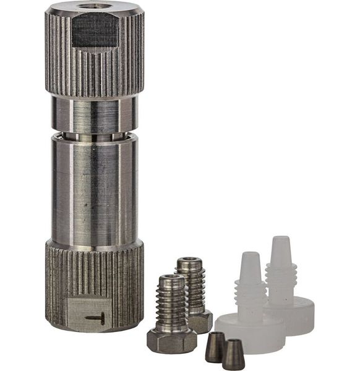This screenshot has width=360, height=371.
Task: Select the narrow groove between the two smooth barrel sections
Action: pos(94,135)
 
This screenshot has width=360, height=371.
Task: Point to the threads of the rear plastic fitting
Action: pos(281,281)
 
